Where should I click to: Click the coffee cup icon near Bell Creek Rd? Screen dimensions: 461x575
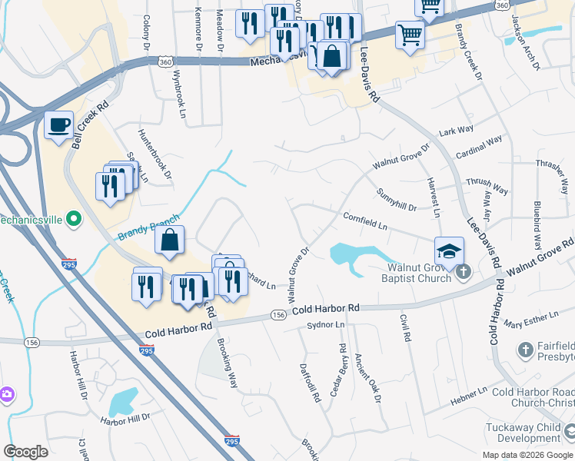point(59,125)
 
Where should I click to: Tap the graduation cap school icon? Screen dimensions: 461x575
point(449,250)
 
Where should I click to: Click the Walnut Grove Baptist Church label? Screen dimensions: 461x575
point(418,273)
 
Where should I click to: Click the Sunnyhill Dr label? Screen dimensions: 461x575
point(396,201)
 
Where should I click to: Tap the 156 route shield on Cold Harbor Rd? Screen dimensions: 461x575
point(278,315)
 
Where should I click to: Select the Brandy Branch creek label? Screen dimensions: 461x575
point(148,228)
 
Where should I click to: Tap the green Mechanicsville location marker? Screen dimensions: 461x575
point(74,221)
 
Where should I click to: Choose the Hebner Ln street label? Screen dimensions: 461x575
point(469,392)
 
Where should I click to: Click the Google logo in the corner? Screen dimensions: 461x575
point(26,451)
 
